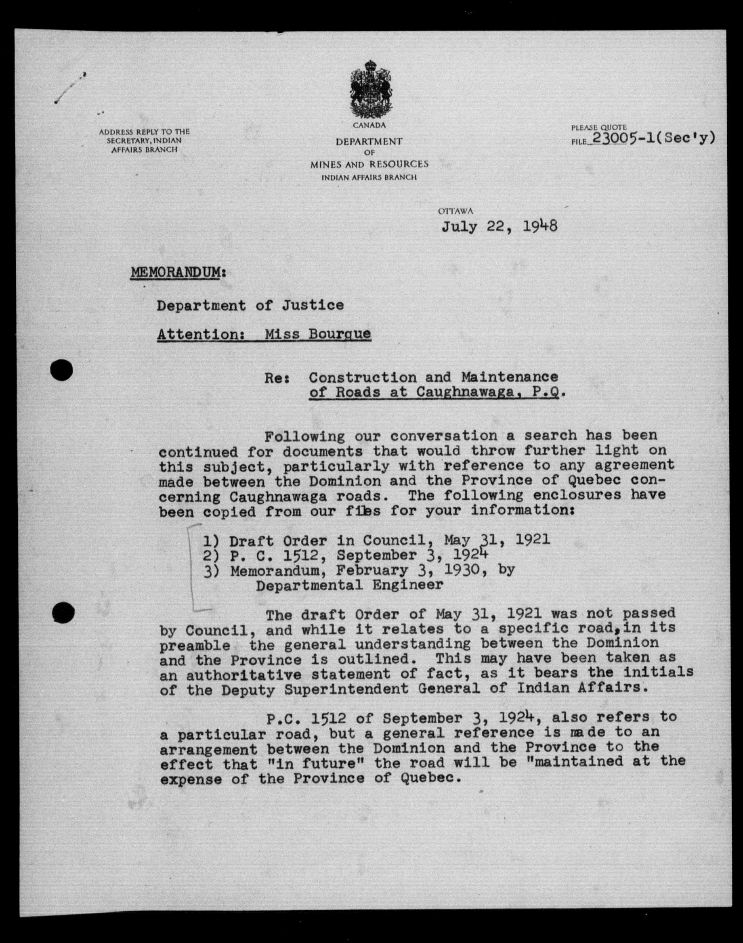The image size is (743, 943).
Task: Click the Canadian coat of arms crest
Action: (371, 89)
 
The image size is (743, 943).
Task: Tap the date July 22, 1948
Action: (500, 226)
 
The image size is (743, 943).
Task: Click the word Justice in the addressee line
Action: (312, 305)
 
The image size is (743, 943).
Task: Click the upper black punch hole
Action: (61, 371)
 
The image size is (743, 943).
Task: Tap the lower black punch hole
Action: (63, 612)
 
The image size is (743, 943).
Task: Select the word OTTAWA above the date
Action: (455, 211)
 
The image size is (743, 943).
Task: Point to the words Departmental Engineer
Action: (349, 585)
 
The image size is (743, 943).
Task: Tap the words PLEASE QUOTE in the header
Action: (598, 128)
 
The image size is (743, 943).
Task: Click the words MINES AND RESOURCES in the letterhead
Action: (369, 164)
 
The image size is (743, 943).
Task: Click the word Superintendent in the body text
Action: (346, 689)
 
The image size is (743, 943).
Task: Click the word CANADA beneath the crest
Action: (369, 125)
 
